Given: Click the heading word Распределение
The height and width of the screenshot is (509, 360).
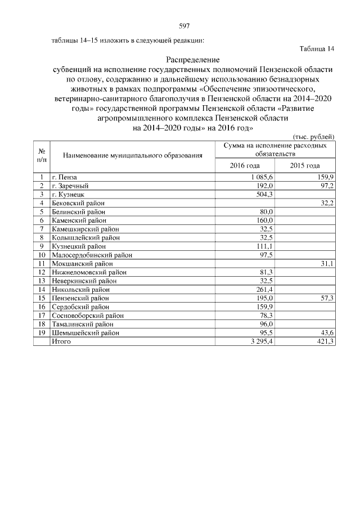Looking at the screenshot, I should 193,60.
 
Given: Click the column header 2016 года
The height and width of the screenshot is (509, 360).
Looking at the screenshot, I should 245,165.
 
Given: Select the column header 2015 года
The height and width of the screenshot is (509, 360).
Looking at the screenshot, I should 305,165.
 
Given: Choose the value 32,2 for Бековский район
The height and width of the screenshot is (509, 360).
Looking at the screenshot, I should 327,202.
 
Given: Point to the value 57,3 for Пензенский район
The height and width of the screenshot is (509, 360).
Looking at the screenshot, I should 327,298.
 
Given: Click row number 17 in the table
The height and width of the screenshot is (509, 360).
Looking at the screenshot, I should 42,316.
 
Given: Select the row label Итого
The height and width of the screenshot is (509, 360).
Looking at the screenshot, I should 61,341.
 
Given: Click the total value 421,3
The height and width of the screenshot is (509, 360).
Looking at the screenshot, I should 325,341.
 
